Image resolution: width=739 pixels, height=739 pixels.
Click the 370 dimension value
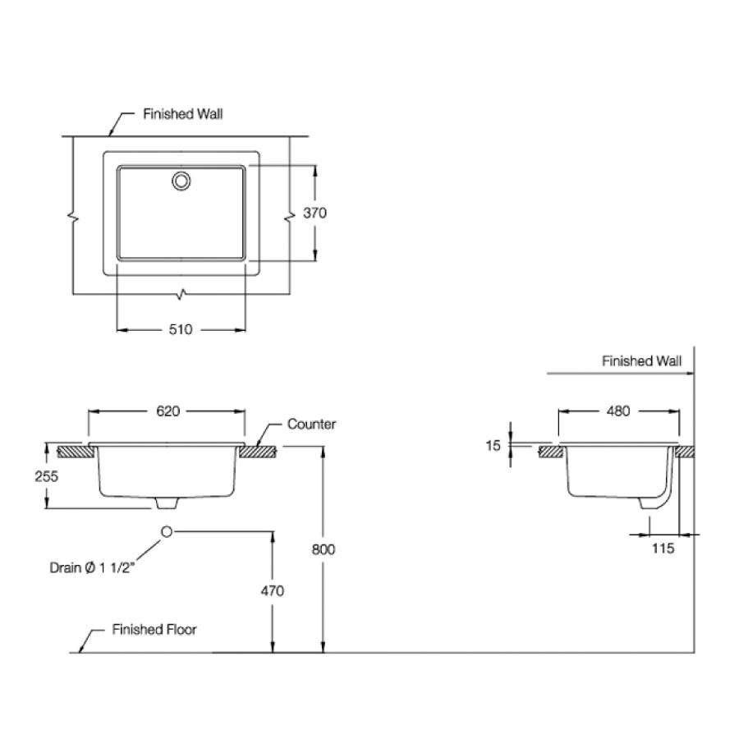(x=315, y=213)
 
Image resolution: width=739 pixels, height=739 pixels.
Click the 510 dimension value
(x=181, y=329)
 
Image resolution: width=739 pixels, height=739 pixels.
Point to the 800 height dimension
(x=324, y=549)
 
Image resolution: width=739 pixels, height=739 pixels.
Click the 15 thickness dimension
(x=493, y=446)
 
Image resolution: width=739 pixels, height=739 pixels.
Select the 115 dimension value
(x=663, y=549)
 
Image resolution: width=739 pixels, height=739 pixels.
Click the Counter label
(x=311, y=425)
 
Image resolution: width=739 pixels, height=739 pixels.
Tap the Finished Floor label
(x=154, y=630)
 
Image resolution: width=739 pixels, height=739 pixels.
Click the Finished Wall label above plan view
(x=182, y=115)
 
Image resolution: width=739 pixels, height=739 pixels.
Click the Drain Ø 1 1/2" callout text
(x=90, y=567)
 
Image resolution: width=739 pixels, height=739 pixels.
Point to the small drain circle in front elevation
(x=167, y=532)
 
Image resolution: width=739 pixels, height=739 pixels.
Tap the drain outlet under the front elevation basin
(x=167, y=502)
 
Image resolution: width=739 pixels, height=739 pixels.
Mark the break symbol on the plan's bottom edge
(x=181, y=293)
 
